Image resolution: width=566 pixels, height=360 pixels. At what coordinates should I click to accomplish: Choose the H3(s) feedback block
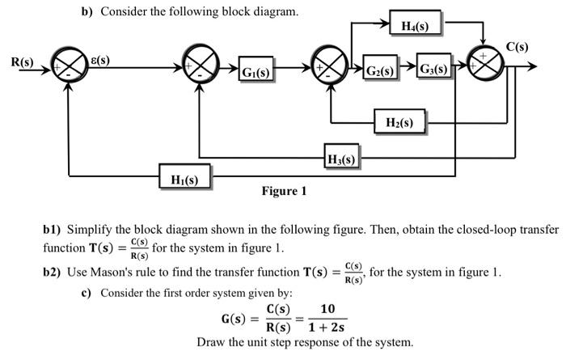[340, 157]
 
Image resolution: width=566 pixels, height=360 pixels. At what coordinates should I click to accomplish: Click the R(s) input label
[23, 61]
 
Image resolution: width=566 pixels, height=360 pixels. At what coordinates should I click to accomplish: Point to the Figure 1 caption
[284, 192]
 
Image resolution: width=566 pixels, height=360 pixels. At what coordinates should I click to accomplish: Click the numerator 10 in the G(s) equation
[327, 309]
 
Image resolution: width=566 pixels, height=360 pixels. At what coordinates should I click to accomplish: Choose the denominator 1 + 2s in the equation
[327, 328]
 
